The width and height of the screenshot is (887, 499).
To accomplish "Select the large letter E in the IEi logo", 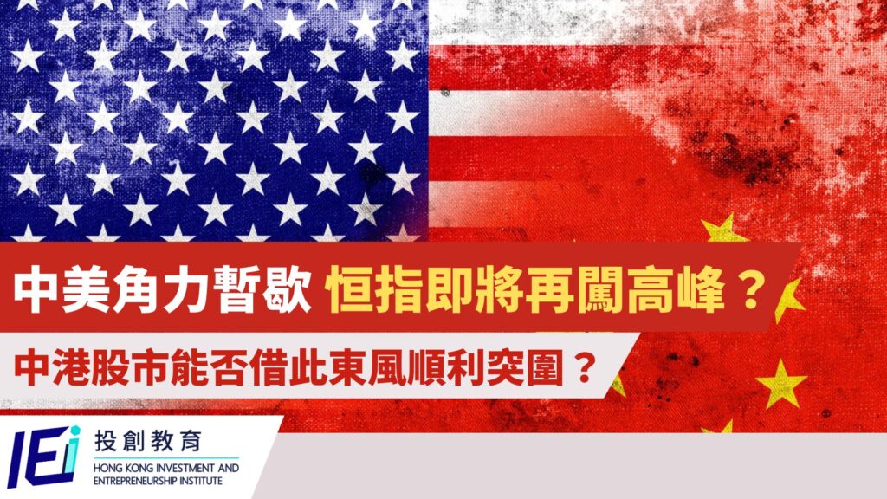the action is click(x=44, y=458).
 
